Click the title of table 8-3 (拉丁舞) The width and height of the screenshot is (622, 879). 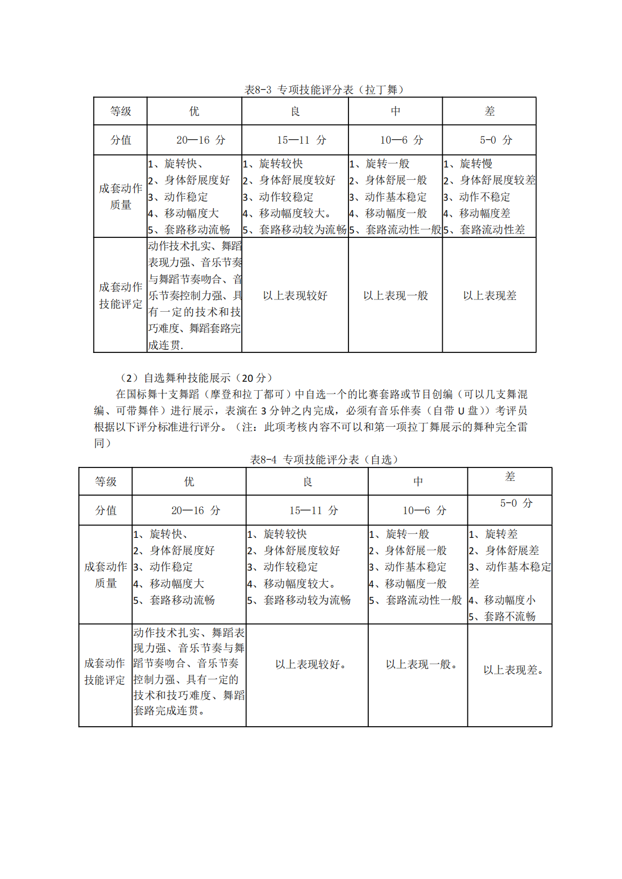324,90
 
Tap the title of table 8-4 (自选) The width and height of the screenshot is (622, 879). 324,460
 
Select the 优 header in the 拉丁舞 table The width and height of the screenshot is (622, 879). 194,111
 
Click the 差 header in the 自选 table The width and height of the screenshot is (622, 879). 510,477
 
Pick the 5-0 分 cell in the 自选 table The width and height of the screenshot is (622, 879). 516,503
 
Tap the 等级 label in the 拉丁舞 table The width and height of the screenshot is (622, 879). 120,111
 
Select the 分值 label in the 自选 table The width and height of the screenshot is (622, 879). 105,510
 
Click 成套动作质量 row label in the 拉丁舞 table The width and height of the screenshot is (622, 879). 120,196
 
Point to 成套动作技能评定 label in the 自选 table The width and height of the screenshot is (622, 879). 105,672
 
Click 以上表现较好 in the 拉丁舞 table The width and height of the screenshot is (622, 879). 295,295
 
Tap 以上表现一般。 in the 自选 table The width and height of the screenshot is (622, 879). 421,664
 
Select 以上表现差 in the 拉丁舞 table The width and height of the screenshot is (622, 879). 489,295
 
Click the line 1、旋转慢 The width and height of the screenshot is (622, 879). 468,164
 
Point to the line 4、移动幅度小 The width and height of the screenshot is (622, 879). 502,600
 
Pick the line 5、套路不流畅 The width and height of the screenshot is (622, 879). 502,616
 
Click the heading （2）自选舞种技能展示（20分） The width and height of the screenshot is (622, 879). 197,378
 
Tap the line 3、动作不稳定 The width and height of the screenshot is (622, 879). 477,197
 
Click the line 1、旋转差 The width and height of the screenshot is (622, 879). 493,534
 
